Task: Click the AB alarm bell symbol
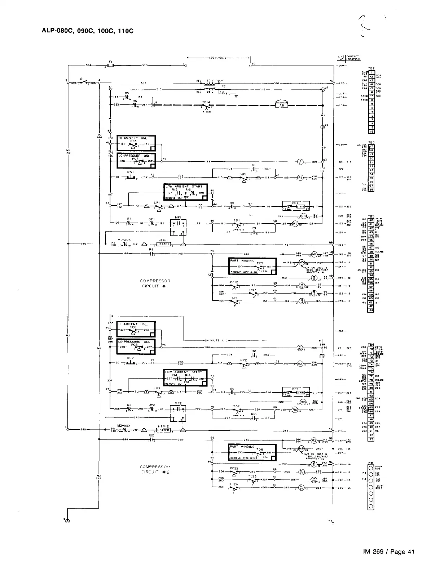[283, 105]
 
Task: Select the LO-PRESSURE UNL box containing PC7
[137, 161]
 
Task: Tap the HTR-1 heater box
[164, 244]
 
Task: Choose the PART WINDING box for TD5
[252, 267]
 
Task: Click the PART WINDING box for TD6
[252, 452]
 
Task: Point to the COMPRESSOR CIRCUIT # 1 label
[155, 284]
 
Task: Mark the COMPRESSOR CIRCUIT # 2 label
[155, 470]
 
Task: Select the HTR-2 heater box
[164, 430]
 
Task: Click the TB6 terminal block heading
[371, 344]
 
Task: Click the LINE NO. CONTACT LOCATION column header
[348, 58]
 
